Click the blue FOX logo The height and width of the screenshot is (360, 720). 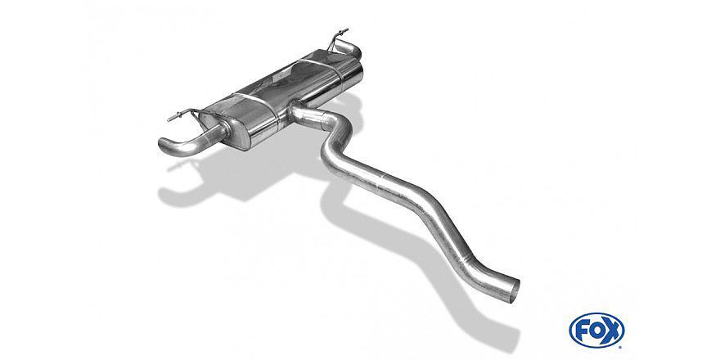596,331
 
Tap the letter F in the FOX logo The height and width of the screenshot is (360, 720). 582,331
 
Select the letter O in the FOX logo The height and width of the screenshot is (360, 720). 596,331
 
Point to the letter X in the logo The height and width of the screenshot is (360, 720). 613,331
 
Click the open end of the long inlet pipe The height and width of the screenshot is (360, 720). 515,290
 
